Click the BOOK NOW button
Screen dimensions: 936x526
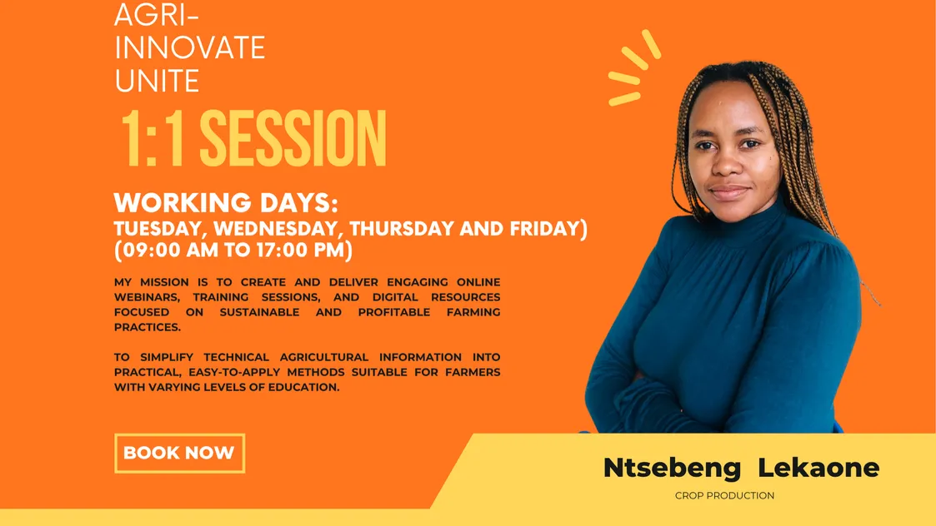[x=180, y=454]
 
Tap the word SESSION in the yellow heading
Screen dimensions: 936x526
[x=293, y=138]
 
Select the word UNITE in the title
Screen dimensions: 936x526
[x=157, y=81]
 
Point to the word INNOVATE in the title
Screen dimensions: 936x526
[x=190, y=47]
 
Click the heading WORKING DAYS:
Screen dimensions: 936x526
[x=226, y=203]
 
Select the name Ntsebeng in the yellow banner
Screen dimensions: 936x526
[x=672, y=469]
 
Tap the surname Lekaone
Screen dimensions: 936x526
[x=818, y=468]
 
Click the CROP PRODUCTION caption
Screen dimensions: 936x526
[x=724, y=495]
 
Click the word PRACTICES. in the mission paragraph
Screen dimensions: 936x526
[x=148, y=327]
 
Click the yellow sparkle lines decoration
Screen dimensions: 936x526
[x=634, y=67]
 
